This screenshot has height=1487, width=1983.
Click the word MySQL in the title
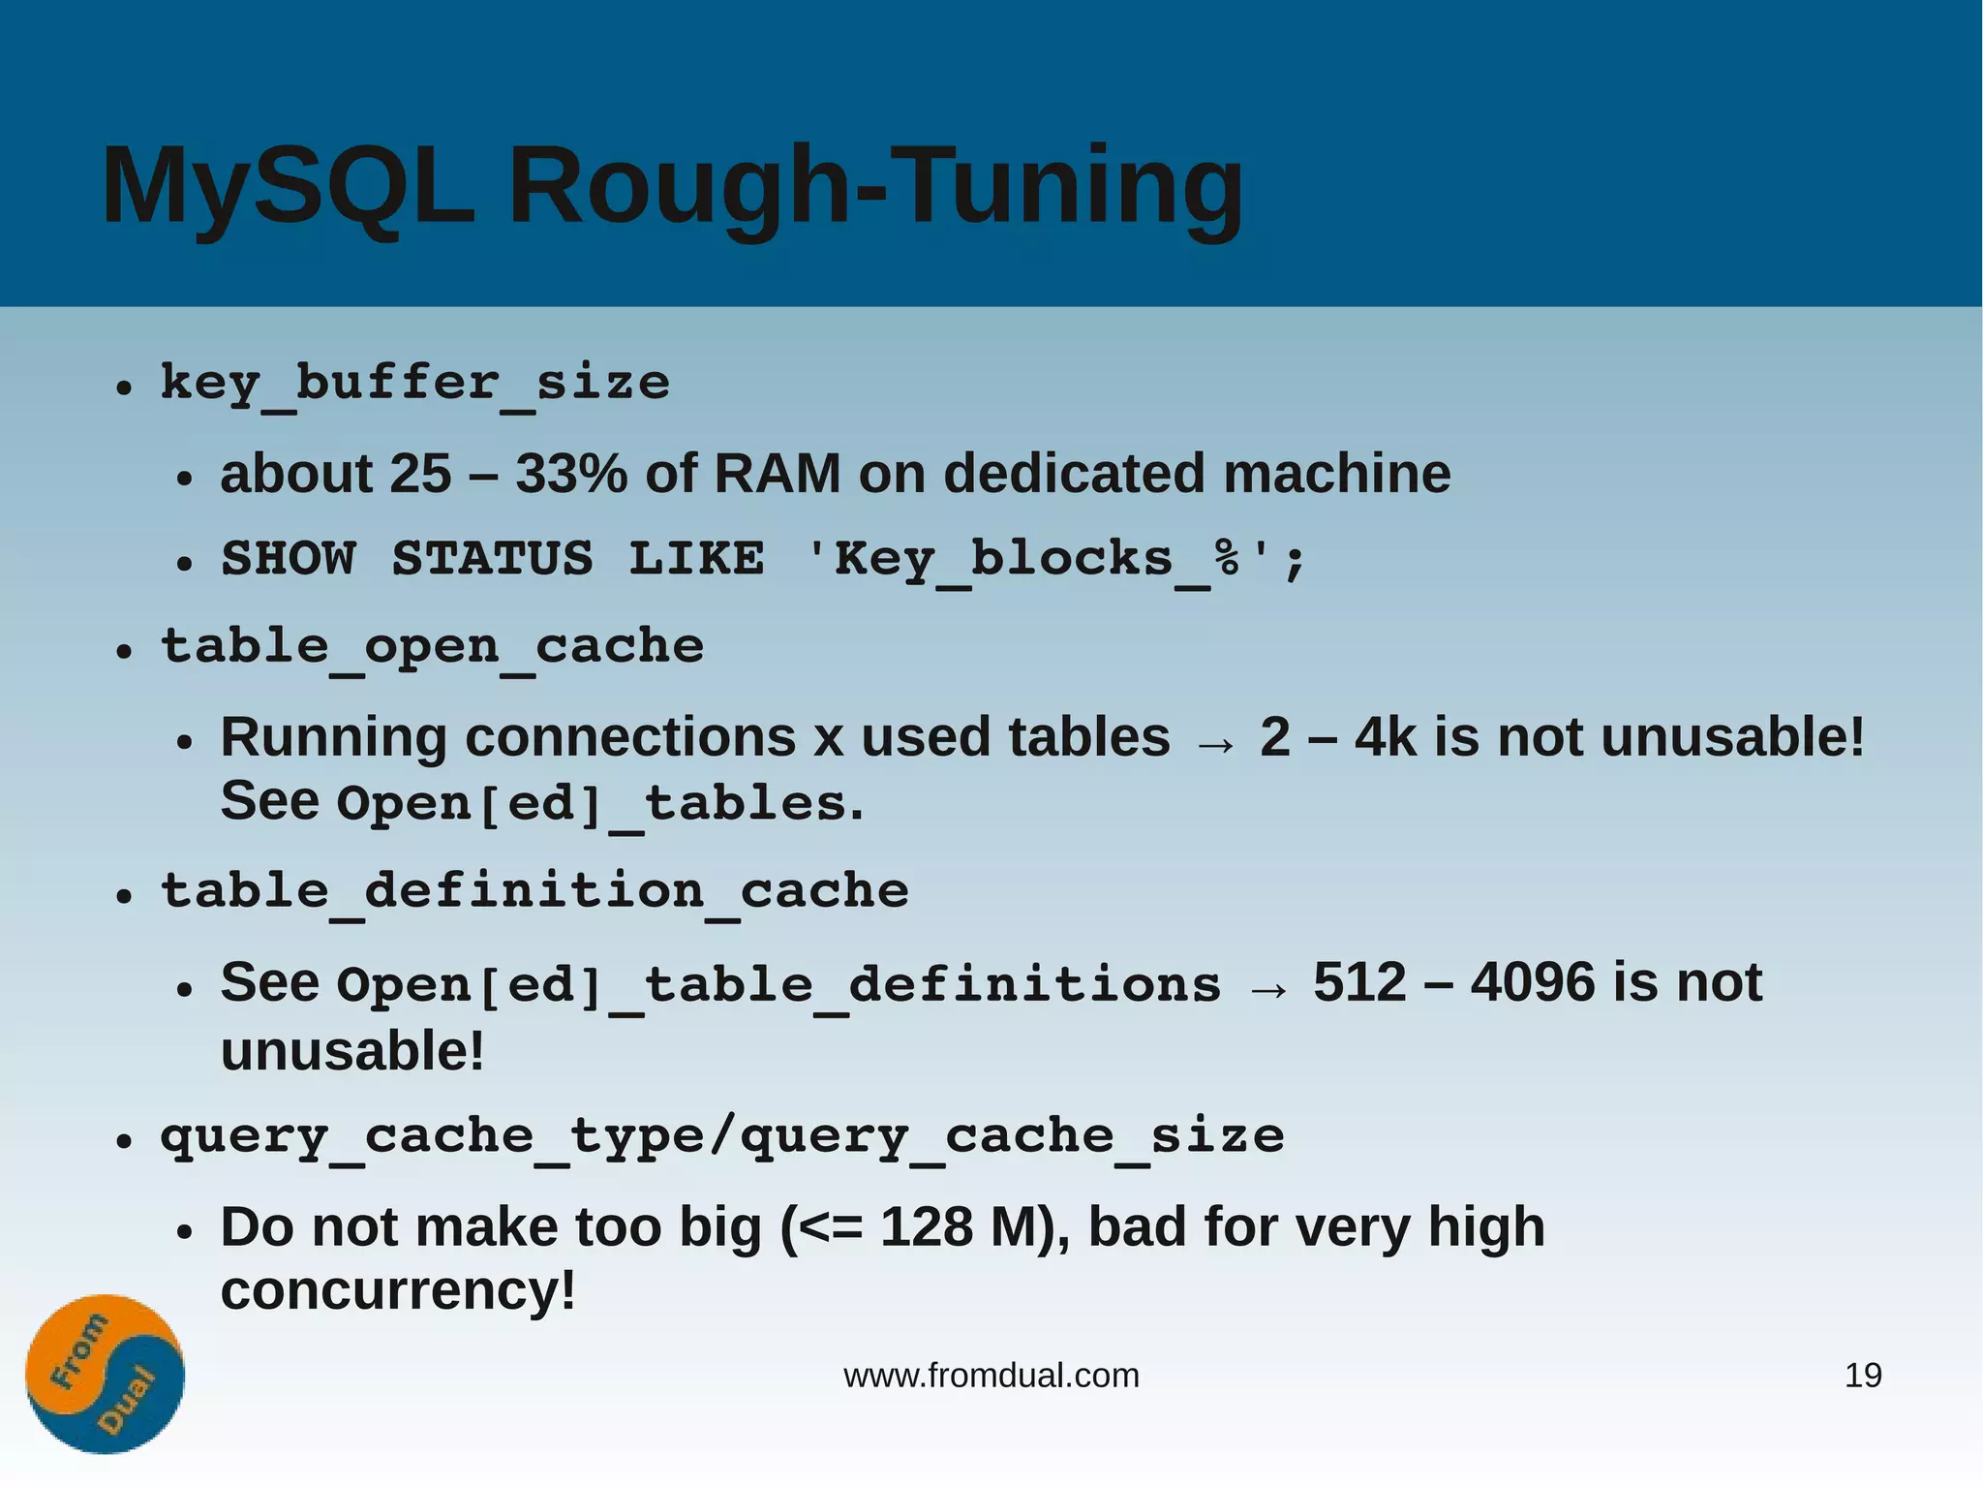pos(288,187)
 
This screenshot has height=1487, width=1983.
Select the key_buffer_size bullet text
pos(414,384)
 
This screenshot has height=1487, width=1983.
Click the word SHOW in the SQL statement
pos(289,559)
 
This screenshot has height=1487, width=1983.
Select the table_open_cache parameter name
pos(432,647)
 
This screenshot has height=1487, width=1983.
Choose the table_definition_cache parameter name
pos(534,891)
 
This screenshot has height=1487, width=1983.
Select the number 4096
pos(1532,983)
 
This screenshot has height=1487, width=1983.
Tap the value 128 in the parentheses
pos(926,1228)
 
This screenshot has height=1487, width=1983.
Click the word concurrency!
pos(398,1291)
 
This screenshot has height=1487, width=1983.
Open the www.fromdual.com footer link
pos(991,1376)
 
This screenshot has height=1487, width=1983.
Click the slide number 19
pos(1862,1376)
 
